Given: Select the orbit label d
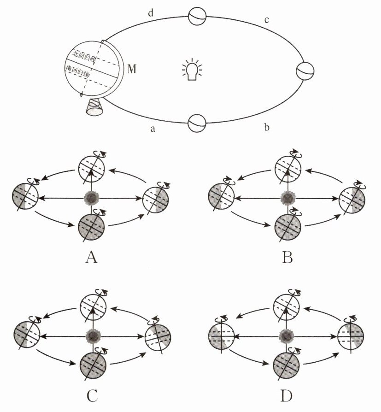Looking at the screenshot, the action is click(x=151, y=13).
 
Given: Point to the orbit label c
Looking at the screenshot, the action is click(x=266, y=20).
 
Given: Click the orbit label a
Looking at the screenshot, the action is click(x=152, y=129).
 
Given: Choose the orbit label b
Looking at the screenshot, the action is click(x=266, y=127).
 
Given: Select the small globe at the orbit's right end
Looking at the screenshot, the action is click(x=305, y=71).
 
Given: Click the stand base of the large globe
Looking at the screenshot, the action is click(x=95, y=109).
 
